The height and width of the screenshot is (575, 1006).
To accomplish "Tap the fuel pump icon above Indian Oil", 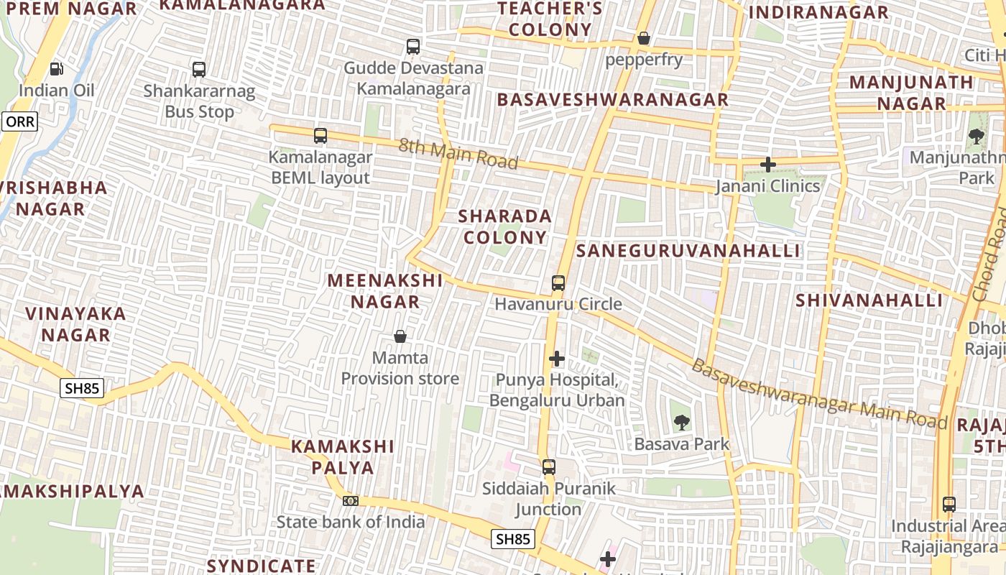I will (x=56, y=69).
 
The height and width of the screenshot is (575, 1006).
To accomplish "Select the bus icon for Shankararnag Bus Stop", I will (x=199, y=70).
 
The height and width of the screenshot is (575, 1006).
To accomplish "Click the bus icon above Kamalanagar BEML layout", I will (x=320, y=135).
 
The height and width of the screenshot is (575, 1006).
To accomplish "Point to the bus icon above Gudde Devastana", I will (x=413, y=47).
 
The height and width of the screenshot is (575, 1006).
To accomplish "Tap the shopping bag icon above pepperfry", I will (x=644, y=37).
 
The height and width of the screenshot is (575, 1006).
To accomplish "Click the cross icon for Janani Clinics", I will (x=768, y=165).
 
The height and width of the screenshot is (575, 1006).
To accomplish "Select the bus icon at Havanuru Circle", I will (x=558, y=282).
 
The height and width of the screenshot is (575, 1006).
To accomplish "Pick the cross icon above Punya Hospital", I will (x=557, y=358).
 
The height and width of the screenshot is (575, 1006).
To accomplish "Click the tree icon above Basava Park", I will (x=682, y=423).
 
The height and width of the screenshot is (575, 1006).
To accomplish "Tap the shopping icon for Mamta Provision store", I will (x=400, y=336).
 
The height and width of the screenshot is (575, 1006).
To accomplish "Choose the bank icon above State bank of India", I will (x=351, y=500).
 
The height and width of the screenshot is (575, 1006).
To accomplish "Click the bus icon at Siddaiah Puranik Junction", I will (x=549, y=467).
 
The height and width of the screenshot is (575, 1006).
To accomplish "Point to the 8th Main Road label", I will (x=458, y=154).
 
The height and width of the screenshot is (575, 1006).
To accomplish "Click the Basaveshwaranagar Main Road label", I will (x=819, y=394).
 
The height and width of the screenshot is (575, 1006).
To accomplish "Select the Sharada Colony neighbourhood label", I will (x=505, y=226).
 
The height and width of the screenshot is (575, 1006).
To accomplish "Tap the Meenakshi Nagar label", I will (x=385, y=290).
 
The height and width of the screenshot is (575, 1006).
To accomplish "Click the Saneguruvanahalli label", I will (x=688, y=250).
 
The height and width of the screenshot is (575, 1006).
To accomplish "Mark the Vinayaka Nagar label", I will (x=75, y=324).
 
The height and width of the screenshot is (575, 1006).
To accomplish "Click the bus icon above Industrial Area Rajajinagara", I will (x=949, y=505).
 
